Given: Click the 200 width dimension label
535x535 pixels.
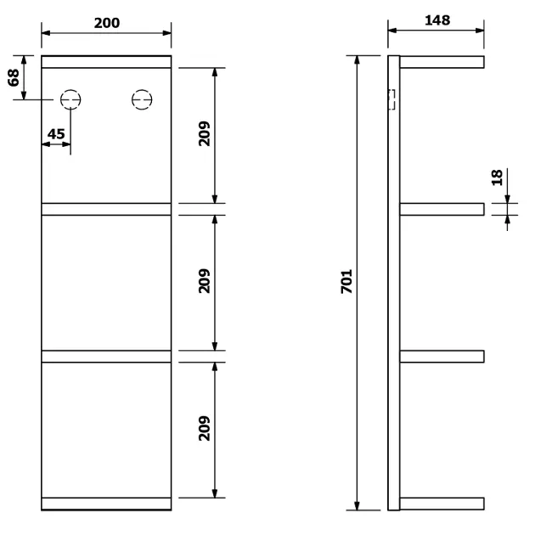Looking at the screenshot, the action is pos(107,23).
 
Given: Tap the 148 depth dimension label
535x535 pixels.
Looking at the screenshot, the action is pos(437,20).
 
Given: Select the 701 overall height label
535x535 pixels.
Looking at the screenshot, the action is pos(346,281).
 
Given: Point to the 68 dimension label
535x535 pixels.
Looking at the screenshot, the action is pos(14,78).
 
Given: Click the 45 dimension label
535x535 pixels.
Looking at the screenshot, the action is pos(56,134).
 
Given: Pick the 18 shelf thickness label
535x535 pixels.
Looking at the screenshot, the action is pos(497,177).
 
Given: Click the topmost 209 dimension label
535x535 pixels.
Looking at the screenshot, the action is pos(205,134).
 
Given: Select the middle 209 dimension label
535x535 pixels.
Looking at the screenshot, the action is pos(205,281).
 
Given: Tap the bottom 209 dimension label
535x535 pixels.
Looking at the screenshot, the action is pos(205,428).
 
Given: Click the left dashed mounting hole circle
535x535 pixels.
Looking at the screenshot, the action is pos(70,90).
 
